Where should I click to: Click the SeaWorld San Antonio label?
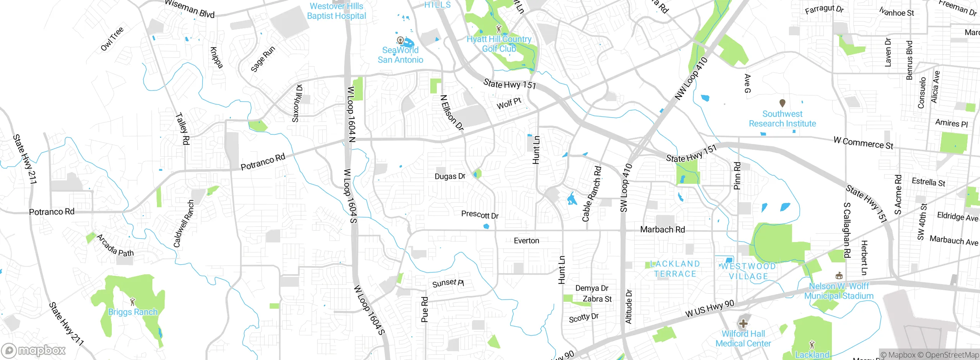400,55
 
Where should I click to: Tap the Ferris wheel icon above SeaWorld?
400,40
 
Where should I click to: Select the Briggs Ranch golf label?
133,312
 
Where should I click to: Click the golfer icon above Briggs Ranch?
133,302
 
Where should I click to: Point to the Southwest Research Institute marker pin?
782,103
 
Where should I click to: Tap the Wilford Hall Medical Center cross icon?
743,324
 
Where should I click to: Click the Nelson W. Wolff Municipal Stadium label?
839,291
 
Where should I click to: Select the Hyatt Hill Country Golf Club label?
499,44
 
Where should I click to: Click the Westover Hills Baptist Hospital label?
336,11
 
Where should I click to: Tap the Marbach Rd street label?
663,230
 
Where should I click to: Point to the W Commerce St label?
863,143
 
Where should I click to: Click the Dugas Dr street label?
450,177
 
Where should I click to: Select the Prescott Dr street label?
480,215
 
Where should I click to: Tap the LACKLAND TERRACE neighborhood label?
675,269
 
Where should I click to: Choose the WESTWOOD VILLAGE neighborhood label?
748,271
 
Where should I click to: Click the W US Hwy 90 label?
710,309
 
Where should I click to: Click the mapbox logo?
34,350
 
